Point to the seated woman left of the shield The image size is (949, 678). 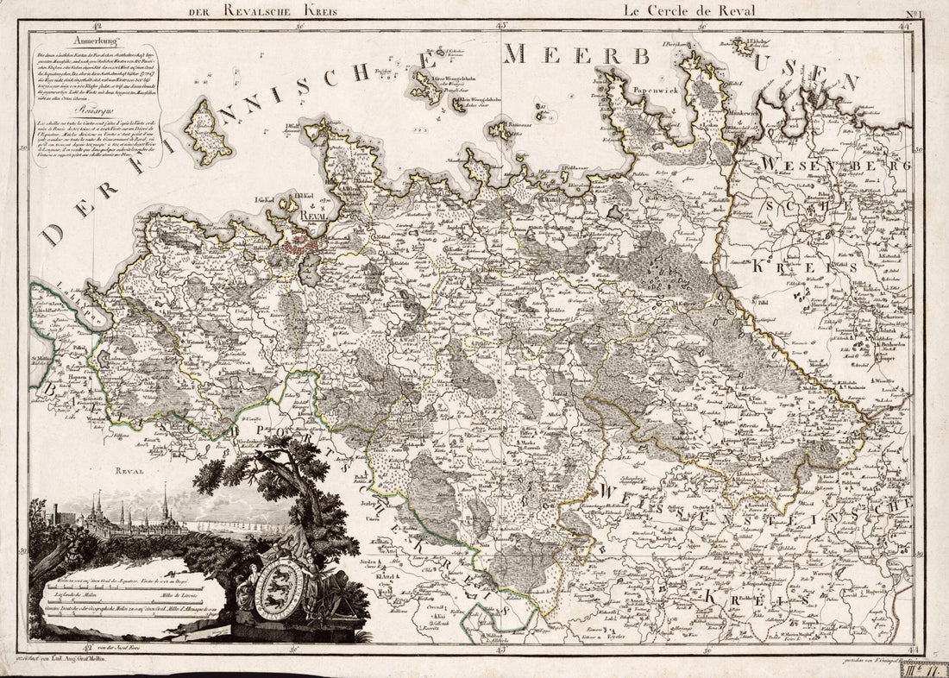(x=245, y=595)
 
